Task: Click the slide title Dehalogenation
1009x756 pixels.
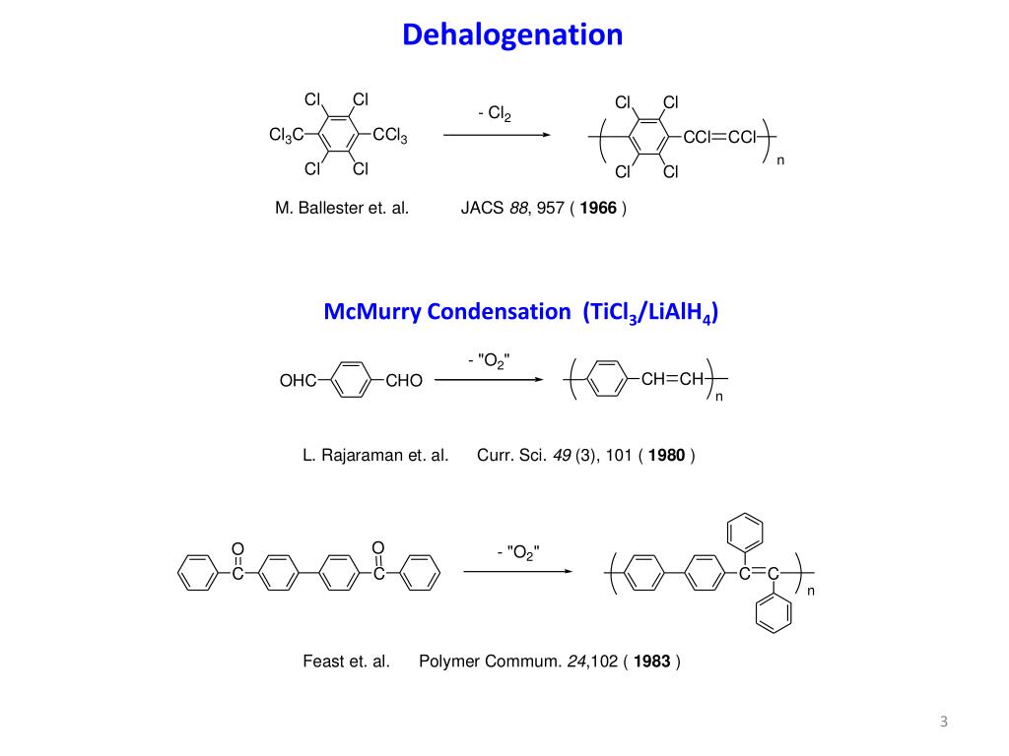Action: click(512, 35)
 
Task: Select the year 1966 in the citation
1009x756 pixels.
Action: click(598, 208)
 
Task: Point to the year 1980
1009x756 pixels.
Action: click(667, 456)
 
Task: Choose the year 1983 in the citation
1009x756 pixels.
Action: click(652, 661)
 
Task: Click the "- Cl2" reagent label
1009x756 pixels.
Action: click(495, 114)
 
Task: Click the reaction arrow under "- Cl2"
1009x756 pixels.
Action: click(496, 136)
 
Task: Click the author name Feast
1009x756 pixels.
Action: click(326, 661)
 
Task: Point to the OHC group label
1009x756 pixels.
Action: click(297, 381)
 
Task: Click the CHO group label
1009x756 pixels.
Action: click(404, 381)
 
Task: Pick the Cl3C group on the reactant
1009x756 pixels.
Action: click(286, 135)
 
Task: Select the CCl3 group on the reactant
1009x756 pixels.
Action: click(389, 136)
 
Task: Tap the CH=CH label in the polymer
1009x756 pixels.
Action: click(672, 379)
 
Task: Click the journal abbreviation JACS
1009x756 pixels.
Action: click(481, 208)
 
